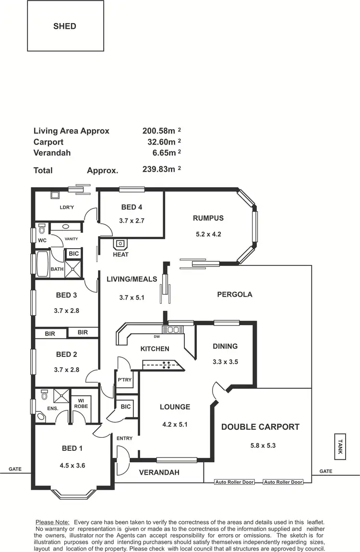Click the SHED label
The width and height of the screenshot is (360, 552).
[65, 26]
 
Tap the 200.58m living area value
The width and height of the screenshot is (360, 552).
[159, 131]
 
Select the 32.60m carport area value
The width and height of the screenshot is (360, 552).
[161, 142]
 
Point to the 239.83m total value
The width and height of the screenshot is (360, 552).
[159, 169]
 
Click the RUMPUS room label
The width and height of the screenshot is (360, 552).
[208, 218]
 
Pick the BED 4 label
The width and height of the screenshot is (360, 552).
[132, 207]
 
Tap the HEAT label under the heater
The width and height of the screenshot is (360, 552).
[120, 254]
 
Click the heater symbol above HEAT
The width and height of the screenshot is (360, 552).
[120, 243]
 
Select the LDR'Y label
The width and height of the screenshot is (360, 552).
[66, 207]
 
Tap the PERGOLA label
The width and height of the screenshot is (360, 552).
[235, 294]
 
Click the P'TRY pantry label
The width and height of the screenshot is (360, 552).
[124, 380]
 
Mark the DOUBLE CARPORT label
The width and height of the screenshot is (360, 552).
[260, 427]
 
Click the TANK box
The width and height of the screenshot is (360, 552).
[340, 446]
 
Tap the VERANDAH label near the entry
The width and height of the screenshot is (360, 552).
[159, 472]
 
